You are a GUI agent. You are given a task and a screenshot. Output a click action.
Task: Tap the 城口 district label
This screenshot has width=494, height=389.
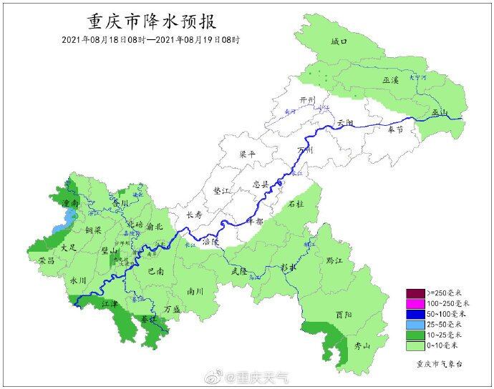tap(339, 43)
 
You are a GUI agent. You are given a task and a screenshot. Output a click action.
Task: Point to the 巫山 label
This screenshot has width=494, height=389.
tap(439, 112)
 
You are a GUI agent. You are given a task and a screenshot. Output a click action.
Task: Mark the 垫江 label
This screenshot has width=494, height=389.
tap(223, 191)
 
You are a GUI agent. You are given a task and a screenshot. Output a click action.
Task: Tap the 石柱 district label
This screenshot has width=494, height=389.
tap(295, 204)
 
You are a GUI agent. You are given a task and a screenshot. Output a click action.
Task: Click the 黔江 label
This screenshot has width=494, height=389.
tap(334, 260)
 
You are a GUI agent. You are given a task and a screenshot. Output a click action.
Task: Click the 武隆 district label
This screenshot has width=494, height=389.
tap(239, 271)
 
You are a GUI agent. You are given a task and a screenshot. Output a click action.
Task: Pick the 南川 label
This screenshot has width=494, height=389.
tap(195, 291)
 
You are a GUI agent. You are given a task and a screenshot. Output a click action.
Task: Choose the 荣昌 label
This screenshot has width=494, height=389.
tap(47, 261)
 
